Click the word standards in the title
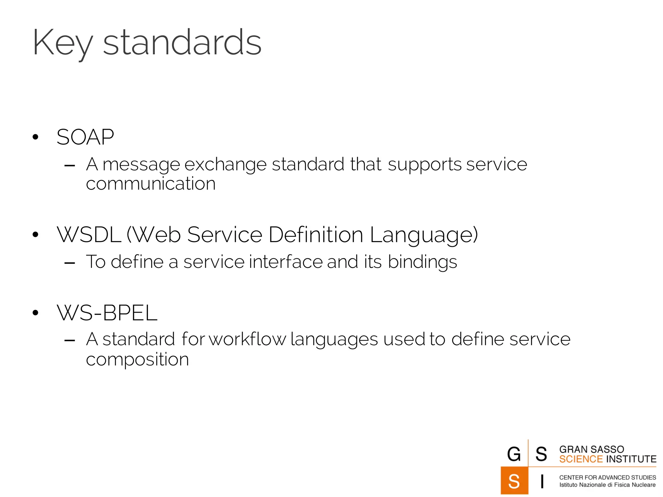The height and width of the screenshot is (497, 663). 182,43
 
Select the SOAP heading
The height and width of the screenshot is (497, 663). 85,137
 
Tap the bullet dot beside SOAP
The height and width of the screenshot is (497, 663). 36,137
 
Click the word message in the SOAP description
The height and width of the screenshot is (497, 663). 141,165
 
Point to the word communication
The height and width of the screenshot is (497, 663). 151,184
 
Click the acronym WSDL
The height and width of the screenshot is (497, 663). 89,235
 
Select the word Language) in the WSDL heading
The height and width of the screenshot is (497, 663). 424,235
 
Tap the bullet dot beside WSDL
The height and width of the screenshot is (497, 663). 36,235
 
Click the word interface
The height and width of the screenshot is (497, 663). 286,262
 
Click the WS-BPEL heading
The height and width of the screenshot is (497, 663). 107,313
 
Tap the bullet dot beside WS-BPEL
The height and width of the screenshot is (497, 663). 36,313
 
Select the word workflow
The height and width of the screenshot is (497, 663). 248,339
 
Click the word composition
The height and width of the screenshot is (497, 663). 137,360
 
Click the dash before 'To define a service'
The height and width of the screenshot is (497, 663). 70,263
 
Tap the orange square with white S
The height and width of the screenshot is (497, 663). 514,481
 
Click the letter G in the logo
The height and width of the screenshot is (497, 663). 514,454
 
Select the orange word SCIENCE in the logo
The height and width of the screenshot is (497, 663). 581,459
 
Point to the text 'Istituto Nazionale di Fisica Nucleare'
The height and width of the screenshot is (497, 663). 607,485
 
